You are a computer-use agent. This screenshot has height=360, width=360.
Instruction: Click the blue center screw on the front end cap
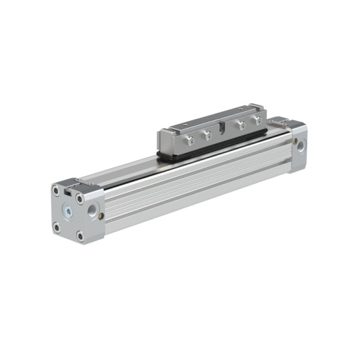[x=68, y=211]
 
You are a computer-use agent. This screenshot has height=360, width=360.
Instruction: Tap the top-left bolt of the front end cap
[x=56, y=191]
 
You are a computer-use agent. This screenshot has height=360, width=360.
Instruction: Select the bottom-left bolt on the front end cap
[x=56, y=227]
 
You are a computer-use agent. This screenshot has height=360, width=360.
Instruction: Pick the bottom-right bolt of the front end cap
[x=80, y=236]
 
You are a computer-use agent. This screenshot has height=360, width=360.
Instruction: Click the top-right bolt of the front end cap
[x=79, y=199]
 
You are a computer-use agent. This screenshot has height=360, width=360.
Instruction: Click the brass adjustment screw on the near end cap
[x=101, y=216]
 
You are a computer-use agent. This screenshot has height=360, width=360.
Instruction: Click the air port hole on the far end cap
[x=301, y=145]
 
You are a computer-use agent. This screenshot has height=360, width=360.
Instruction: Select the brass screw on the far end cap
[x=294, y=140]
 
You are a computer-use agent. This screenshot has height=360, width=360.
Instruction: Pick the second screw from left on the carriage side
[x=208, y=135]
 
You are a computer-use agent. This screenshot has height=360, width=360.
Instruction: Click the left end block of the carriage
[x=164, y=140]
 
